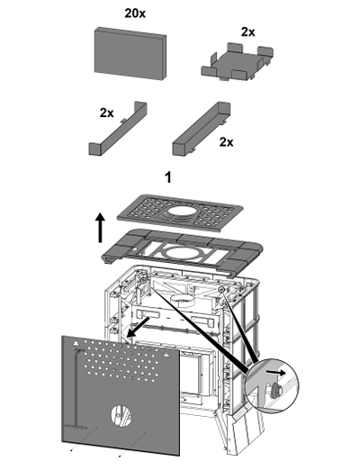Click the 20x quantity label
[x=135, y=14]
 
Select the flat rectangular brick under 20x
[x=130, y=53]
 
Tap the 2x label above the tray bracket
[x=247, y=32]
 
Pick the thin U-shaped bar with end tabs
[x=118, y=129]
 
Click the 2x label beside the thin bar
[x=107, y=113]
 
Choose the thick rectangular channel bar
[x=202, y=129]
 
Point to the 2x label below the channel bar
[x=226, y=142]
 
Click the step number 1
[x=168, y=177]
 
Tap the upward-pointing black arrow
[x=101, y=227]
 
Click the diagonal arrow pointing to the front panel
[x=138, y=327]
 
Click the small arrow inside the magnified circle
[x=275, y=373]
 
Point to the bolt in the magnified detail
[x=275, y=391]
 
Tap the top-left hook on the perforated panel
[x=76, y=343]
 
